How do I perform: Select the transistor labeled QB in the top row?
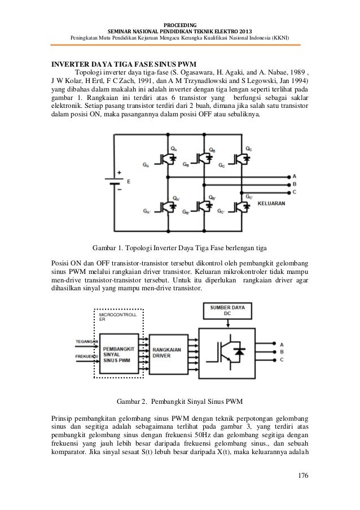pyautogui.click(x=204, y=158)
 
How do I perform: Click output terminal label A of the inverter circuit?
pyautogui.click(x=293, y=176)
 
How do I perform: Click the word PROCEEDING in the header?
pyautogui.click(x=179, y=25)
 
